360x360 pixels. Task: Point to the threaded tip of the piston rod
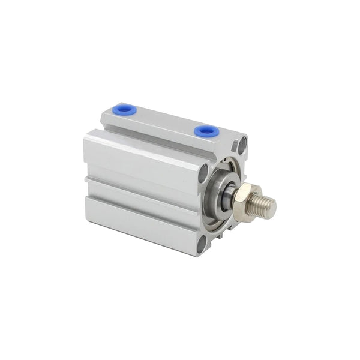pyautogui.click(x=265, y=206)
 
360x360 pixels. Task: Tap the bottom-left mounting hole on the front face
pyautogui.click(x=203, y=243)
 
